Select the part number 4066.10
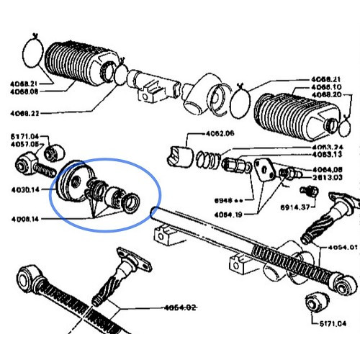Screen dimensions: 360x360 tap(328, 87)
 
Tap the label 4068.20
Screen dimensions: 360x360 tap(328, 94)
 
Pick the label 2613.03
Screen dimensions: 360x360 tap(328, 177)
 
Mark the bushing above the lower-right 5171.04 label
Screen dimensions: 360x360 tap(315, 302)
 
